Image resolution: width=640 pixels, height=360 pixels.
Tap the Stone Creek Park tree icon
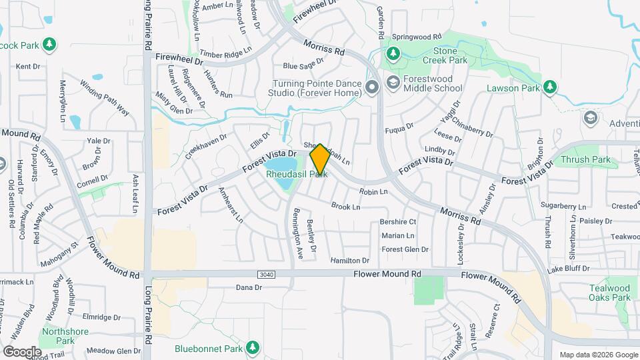[x=393, y=53]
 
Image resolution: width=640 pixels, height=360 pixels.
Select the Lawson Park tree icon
[x=549, y=87]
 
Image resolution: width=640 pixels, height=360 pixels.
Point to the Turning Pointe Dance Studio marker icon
[x=372, y=87]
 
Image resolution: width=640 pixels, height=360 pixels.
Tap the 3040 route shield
[x=265, y=274]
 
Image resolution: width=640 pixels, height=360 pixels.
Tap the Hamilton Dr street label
[x=349, y=261]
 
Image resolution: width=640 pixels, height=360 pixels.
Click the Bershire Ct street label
[x=398, y=222]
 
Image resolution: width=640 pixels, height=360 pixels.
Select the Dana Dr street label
[x=249, y=287]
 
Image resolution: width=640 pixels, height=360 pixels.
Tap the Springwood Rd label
[x=417, y=36]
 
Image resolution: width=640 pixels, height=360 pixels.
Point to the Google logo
[x=22, y=351]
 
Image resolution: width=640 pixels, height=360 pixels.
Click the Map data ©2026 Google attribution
[x=599, y=354]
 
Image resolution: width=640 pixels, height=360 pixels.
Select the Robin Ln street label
[x=373, y=192]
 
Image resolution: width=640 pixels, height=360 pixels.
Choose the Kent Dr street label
[x=28, y=66]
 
